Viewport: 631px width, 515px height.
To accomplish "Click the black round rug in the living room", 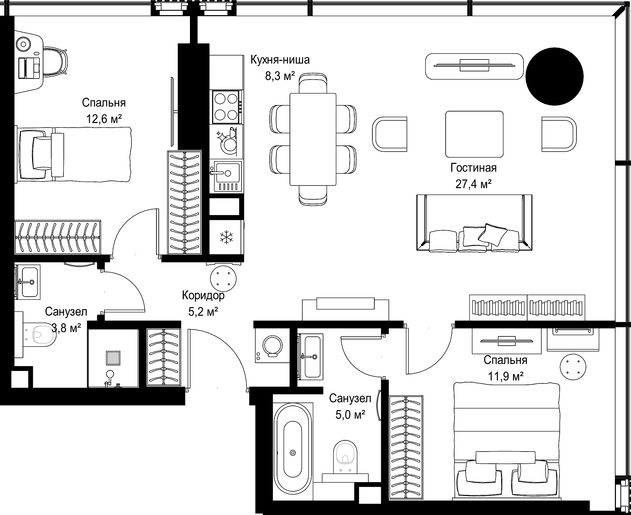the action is [554, 76].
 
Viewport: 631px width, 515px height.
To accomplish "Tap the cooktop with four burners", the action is [226, 107].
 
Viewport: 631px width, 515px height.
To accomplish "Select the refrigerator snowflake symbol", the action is [226, 237].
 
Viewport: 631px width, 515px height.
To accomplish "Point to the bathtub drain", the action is [292, 453].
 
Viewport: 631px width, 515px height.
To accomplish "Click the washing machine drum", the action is [272, 346].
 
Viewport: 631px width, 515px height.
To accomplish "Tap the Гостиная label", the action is [473, 168].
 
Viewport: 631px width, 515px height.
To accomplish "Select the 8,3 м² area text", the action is [280, 76].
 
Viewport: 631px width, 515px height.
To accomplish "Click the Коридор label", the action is [203, 295].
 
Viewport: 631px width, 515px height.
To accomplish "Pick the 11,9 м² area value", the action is [505, 376].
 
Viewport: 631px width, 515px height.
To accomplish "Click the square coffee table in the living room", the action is [474, 134].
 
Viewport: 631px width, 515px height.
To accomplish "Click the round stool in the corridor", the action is [223, 278].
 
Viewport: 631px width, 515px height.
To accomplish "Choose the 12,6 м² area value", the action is [104, 119].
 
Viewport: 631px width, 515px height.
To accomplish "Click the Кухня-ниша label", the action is [280, 60].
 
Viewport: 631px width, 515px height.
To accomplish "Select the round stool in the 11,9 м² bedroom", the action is [573, 366].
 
